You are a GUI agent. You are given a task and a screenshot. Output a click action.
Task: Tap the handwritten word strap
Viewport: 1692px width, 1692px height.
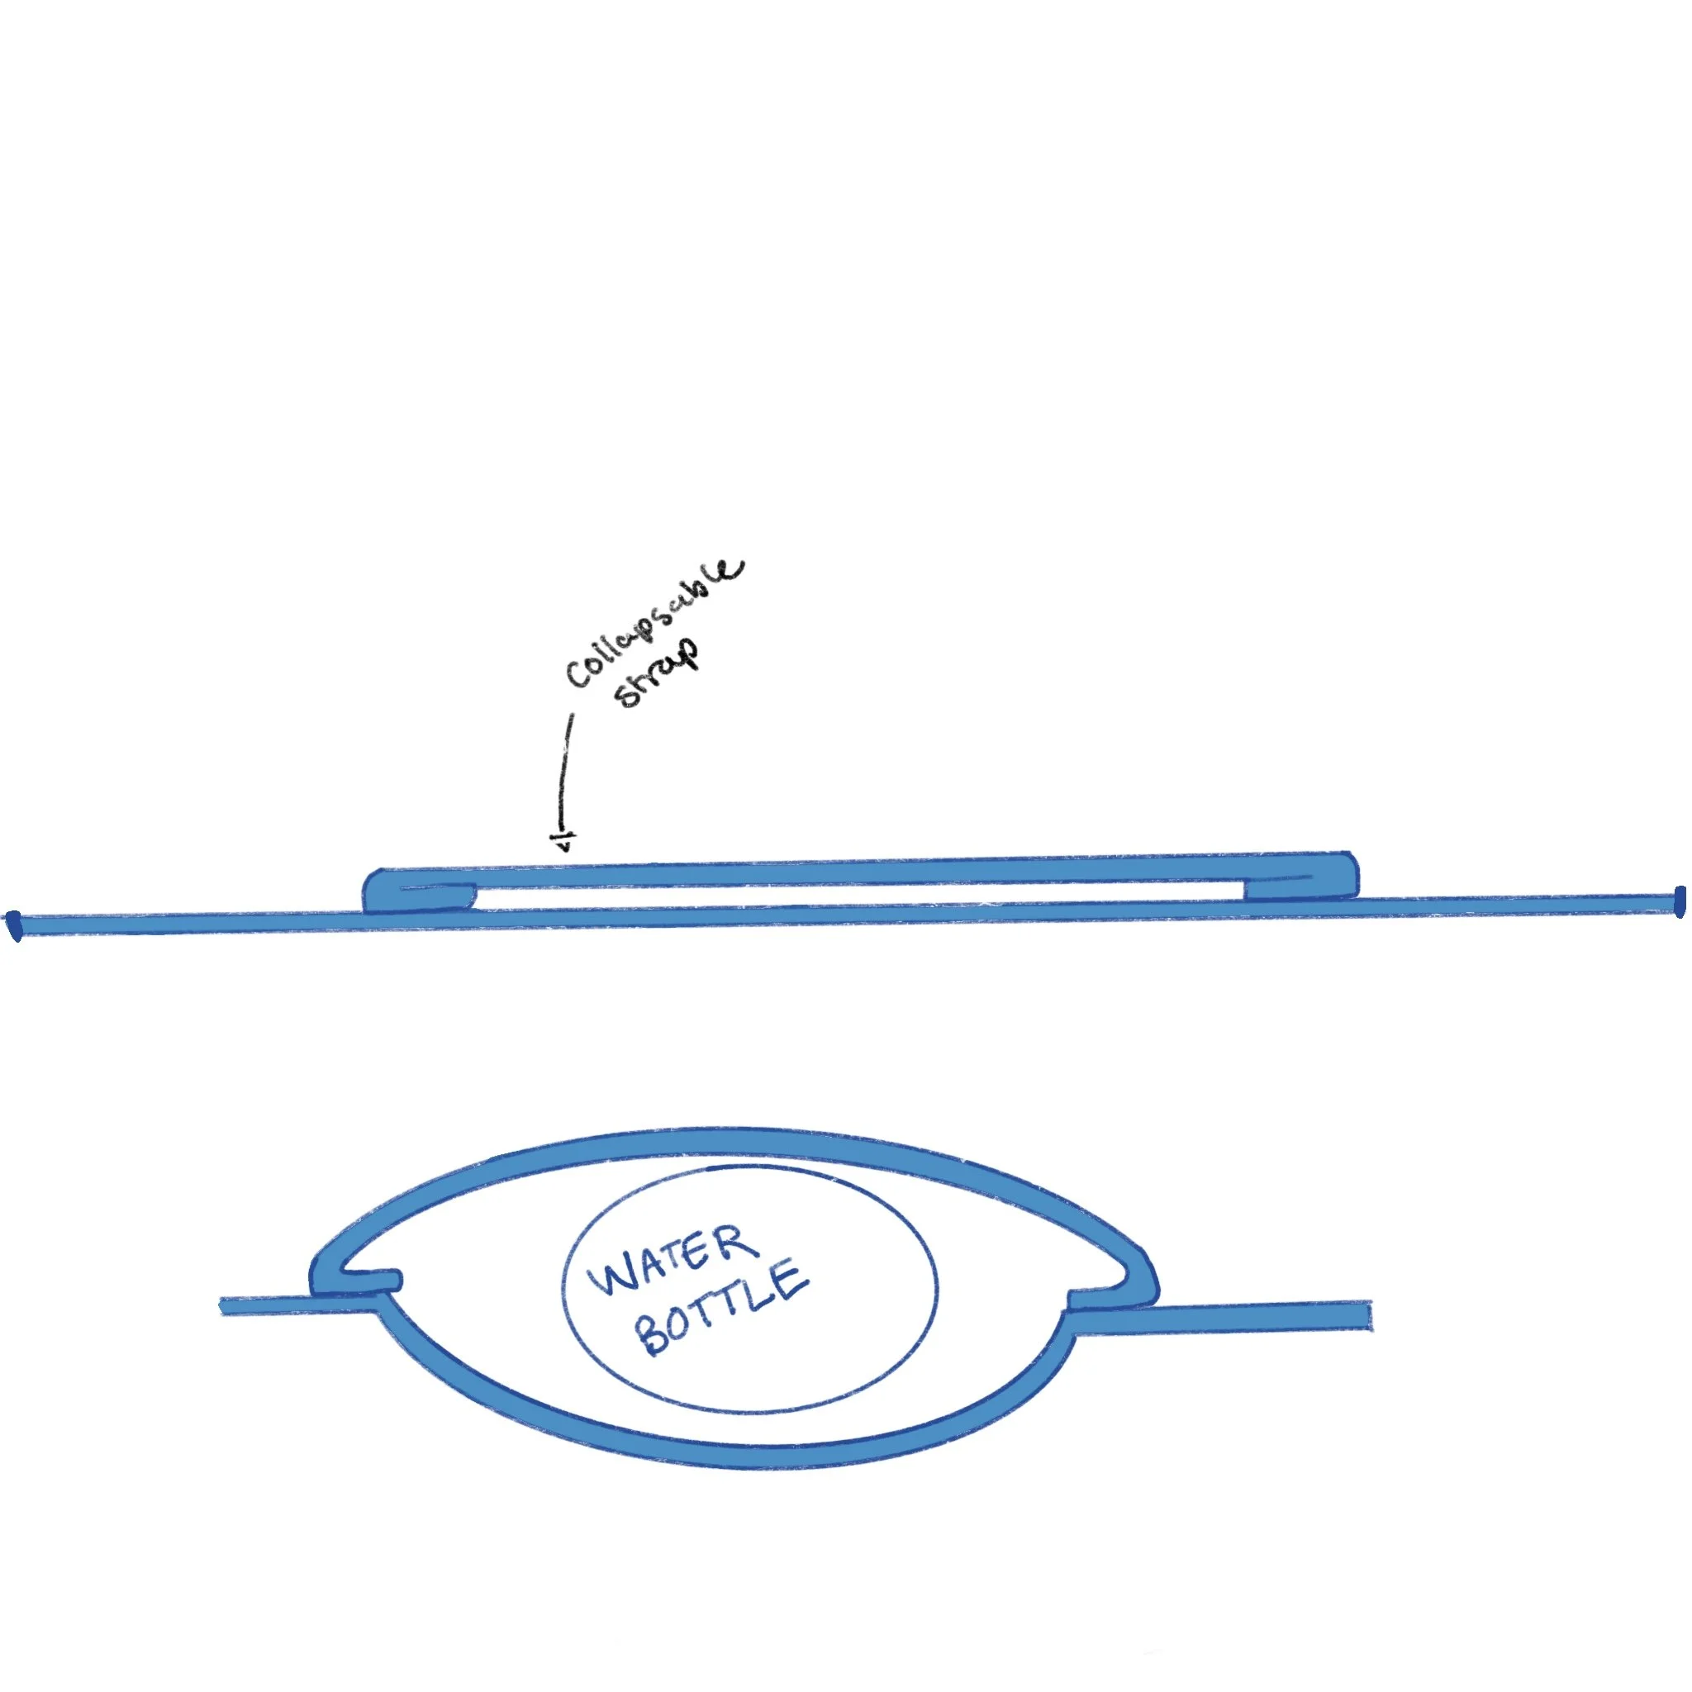658,675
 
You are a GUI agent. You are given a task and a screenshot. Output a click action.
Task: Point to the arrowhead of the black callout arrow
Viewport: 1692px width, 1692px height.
565,844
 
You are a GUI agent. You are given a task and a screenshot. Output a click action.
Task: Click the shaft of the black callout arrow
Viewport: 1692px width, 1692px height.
567,771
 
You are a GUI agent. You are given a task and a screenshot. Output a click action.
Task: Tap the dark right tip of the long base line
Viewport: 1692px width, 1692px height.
1679,903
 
